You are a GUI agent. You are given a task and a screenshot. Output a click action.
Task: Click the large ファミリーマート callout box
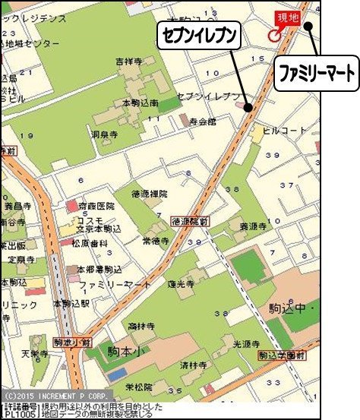tap(315, 75)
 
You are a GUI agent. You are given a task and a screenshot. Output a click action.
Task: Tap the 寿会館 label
tap(203, 120)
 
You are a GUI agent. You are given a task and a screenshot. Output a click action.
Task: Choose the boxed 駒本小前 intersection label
tap(72, 342)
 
